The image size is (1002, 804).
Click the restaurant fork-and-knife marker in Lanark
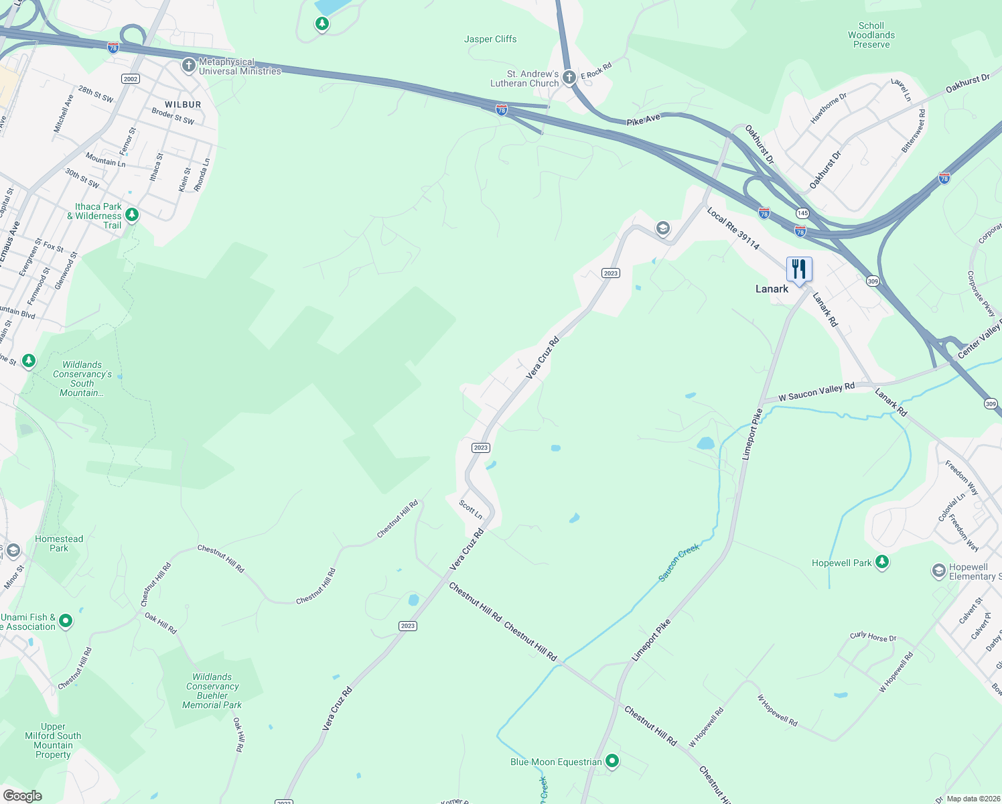point(799,269)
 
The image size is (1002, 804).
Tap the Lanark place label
point(772,289)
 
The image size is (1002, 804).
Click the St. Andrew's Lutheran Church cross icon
point(569,78)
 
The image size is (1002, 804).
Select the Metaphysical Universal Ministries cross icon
point(189,66)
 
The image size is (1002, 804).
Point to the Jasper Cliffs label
point(490,39)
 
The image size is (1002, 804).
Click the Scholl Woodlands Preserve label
point(871,35)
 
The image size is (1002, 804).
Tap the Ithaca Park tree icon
point(132,215)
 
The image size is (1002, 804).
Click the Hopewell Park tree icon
point(882,562)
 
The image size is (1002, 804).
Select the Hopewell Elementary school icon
point(939,571)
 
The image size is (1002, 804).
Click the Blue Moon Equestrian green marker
point(612,761)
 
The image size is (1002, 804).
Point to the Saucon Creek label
point(678,562)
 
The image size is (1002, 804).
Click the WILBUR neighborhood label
point(183,105)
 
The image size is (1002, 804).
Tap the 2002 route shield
point(131,79)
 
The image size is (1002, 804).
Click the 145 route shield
point(802,213)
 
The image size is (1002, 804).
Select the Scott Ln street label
point(471,509)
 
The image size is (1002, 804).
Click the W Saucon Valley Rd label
point(816,392)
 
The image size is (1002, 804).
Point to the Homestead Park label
point(59,543)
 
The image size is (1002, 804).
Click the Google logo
point(22,796)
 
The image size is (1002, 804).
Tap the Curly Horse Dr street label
point(873,636)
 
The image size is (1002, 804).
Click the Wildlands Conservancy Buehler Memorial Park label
point(212,691)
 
